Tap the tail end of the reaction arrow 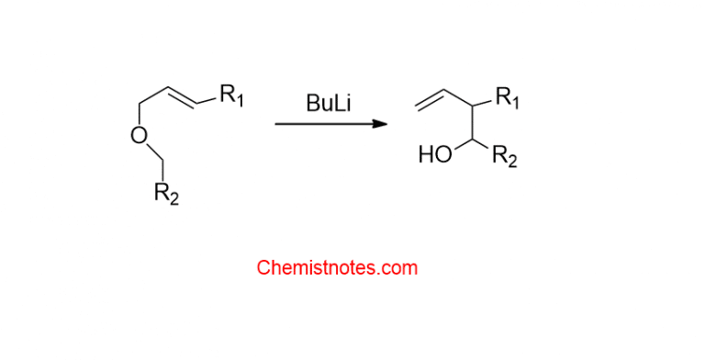tap(277, 124)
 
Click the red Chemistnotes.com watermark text tap(337, 268)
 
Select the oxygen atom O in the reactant tap(138, 137)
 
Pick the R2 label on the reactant tap(165, 195)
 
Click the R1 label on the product tap(506, 97)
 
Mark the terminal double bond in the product tap(430, 96)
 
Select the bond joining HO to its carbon tap(460, 147)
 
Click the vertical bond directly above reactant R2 tap(164, 169)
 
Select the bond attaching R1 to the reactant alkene tap(208, 99)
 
